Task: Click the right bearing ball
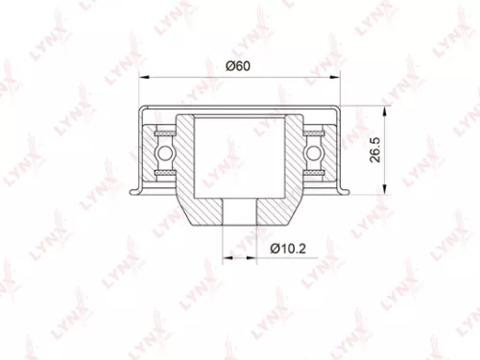click(314, 152)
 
